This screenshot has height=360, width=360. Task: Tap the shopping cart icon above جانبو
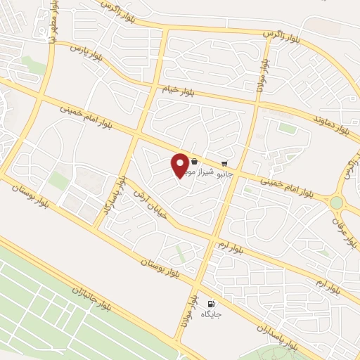point(224,162)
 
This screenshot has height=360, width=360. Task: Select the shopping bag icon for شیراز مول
point(194,162)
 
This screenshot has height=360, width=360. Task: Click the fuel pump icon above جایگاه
point(210,304)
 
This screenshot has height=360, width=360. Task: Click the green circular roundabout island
point(337,202)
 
